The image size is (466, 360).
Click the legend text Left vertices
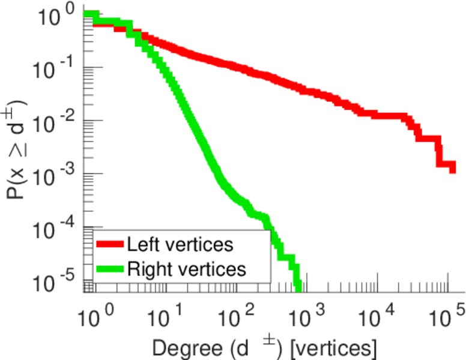(x=180, y=244)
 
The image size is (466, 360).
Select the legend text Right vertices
(x=186, y=269)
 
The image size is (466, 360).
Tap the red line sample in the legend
(x=109, y=245)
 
